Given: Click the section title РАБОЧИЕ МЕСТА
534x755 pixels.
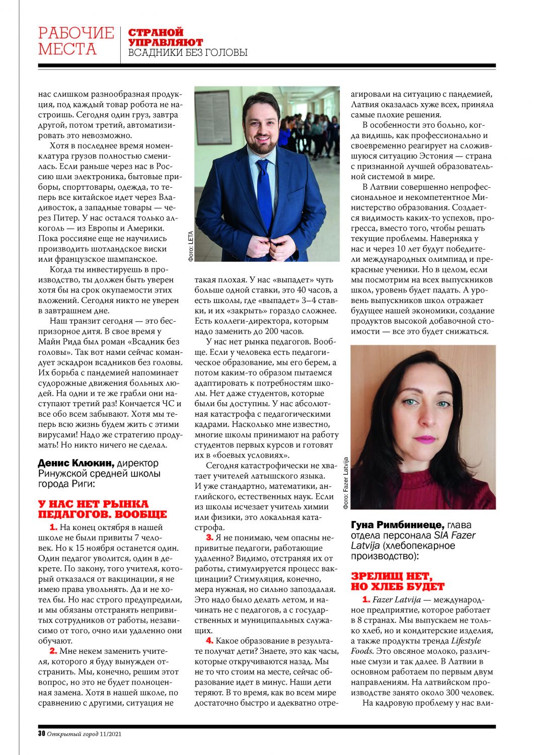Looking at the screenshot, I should (x=75, y=41).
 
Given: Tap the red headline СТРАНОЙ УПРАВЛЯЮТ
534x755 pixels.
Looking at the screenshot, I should (x=165, y=37).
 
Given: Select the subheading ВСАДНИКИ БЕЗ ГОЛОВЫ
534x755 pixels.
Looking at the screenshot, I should (x=188, y=53).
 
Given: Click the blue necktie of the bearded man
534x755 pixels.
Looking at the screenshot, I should (x=265, y=191).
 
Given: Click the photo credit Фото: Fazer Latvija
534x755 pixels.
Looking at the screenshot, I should (x=346, y=483).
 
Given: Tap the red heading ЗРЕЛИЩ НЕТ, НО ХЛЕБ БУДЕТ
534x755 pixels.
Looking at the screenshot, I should (x=398, y=581).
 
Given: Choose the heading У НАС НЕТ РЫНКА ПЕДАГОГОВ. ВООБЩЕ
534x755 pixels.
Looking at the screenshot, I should (x=102, y=509).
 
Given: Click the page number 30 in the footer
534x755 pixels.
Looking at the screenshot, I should (x=42, y=733).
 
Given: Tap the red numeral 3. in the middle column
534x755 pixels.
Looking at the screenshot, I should (x=209, y=538).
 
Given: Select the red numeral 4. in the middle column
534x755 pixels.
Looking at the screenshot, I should (x=209, y=641).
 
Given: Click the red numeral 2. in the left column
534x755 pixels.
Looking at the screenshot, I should (x=53, y=651).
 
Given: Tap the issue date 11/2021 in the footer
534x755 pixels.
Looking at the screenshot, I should (x=110, y=733).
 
